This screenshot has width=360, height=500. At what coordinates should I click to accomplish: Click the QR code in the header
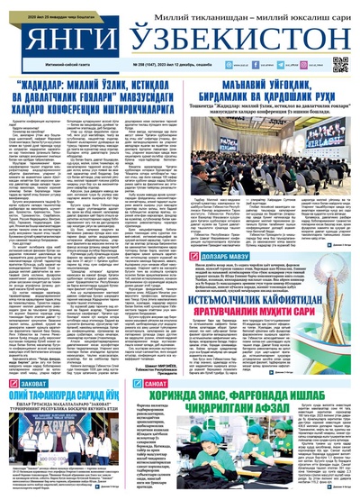click(x=340, y=64)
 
